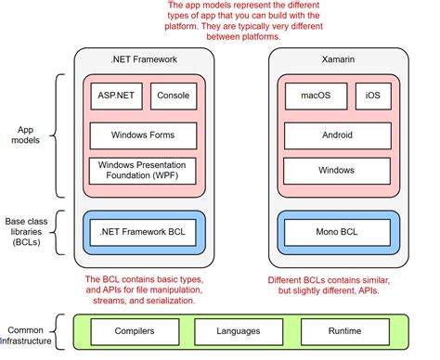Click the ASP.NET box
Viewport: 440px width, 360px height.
click(x=114, y=96)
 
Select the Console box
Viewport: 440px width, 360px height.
click(x=174, y=96)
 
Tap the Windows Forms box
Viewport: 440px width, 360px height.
click(x=144, y=135)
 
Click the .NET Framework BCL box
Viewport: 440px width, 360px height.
click(x=144, y=230)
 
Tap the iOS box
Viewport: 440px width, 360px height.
click(x=373, y=96)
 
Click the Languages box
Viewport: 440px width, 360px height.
click(x=239, y=331)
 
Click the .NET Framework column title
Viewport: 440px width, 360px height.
click(x=144, y=61)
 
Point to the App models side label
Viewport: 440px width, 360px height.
click(x=24, y=136)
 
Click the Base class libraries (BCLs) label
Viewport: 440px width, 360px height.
click(x=26, y=230)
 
